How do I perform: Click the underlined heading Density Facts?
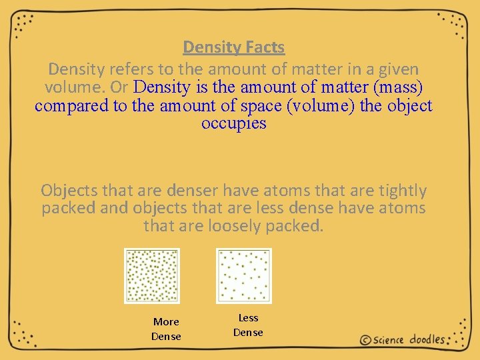coord(233,47)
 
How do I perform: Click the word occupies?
coord(233,124)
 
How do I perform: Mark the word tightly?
coord(400,191)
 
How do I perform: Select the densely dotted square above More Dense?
coord(152,275)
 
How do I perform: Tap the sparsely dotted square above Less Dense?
coord(244,275)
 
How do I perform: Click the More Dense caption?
coord(166,329)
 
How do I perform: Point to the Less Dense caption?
coord(248,325)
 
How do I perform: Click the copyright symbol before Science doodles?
coord(365,340)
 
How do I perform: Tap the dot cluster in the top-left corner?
coord(24,23)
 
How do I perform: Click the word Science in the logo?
coord(389,340)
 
